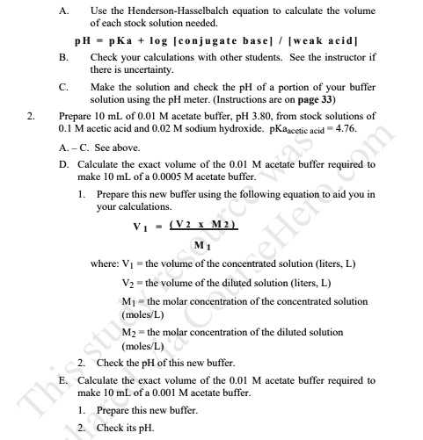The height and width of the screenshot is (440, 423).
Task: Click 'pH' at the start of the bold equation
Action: (84, 41)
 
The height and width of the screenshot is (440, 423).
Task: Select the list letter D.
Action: (63, 164)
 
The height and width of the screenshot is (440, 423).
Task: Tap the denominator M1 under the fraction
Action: (201, 243)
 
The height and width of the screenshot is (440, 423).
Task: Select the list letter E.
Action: (63, 380)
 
